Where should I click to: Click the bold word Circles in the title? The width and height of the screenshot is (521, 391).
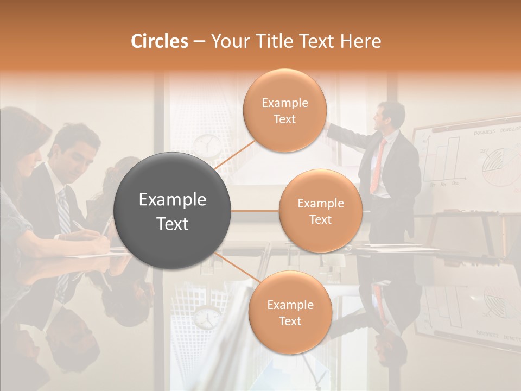click(160, 41)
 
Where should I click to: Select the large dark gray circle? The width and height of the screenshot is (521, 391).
click(173, 211)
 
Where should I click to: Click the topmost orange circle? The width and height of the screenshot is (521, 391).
click(284, 111)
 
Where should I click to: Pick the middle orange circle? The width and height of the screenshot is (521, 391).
click(320, 211)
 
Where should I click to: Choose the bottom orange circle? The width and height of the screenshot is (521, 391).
click(290, 313)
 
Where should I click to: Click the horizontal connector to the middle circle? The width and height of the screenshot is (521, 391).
click(255, 211)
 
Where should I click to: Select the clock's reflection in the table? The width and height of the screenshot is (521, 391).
click(207, 318)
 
